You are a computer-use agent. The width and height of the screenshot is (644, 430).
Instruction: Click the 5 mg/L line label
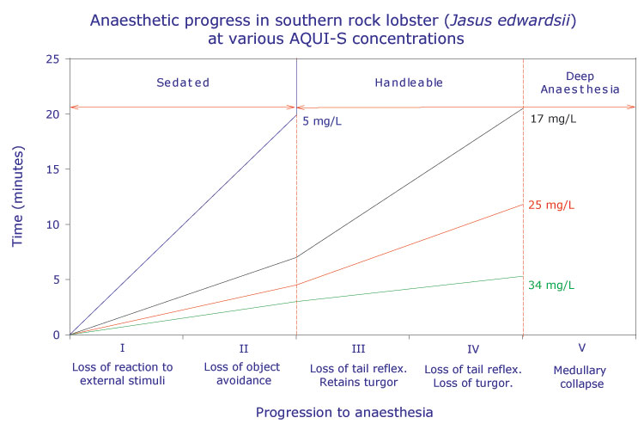[x=323, y=121]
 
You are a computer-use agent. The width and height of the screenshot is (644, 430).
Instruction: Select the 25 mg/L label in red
[x=553, y=206]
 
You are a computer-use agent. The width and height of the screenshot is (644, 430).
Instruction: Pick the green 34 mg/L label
[x=553, y=286]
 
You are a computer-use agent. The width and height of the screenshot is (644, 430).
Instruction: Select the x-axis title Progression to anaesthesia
[x=343, y=412]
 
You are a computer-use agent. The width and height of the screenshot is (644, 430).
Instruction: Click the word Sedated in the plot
[x=183, y=83]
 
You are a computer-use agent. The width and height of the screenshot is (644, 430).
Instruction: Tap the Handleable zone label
[x=409, y=83]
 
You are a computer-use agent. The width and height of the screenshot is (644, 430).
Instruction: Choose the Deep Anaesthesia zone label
[x=581, y=83]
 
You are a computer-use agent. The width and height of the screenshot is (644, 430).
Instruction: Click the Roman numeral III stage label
[x=352, y=349]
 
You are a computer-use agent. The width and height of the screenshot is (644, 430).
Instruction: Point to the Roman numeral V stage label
[x=581, y=349]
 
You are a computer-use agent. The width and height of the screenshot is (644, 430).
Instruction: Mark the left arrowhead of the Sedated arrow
[x=74, y=107]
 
